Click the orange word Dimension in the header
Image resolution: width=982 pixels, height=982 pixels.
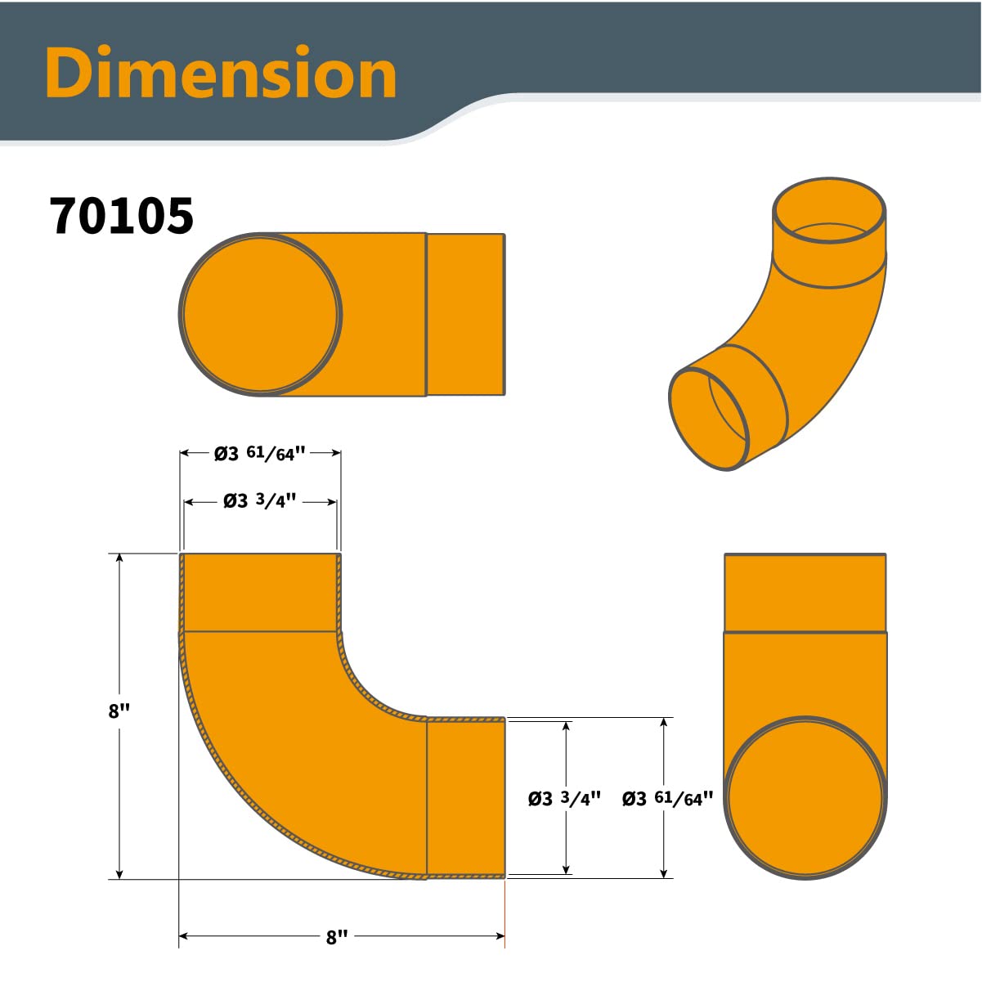click(x=221, y=74)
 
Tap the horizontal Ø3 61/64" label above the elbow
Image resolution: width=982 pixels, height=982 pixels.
click(x=260, y=453)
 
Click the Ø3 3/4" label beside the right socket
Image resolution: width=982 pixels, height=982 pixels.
click(x=564, y=799)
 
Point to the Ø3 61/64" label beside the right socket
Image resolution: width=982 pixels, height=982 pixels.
click(x=667, y=799)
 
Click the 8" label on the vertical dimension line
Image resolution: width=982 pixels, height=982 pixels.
click(x=119, y=711)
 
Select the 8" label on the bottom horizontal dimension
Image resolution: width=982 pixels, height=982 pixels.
click(x=337, y=937)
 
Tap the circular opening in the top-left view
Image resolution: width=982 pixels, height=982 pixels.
click(x=261, y=315)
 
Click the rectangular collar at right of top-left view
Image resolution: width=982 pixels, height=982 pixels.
click(x=465, y=315)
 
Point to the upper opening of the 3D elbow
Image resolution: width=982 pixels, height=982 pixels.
click(x=829, y=211)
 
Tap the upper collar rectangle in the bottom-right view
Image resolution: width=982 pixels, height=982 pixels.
click(x=805, y=593)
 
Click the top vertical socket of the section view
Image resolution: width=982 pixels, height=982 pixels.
click(x=260, y=593)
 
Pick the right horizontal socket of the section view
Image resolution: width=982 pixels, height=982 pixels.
click(x=465, y=797)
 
